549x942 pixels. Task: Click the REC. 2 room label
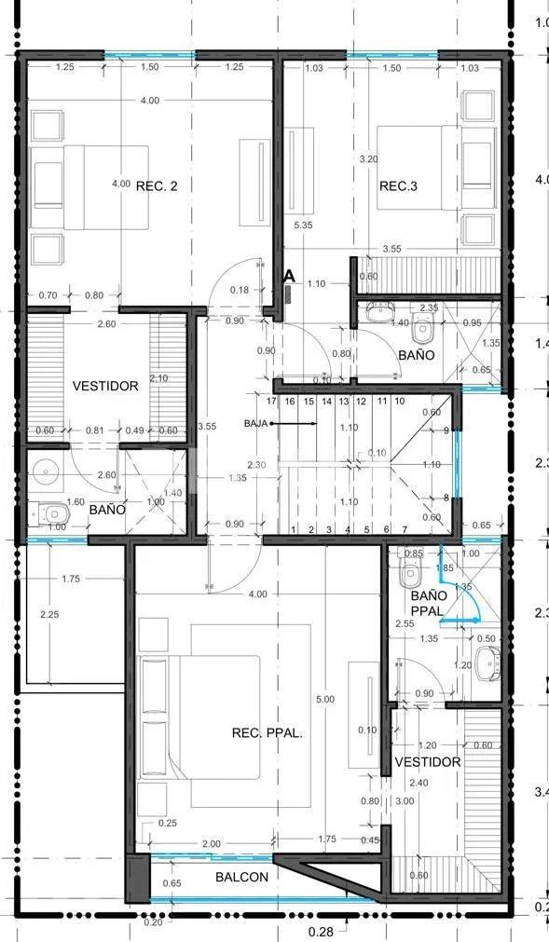tap(157, 185)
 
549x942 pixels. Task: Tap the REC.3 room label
tap(398, 186)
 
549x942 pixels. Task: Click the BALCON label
tap(242, 877)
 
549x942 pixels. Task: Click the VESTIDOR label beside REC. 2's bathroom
tap(105, 386)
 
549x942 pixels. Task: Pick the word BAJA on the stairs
tap(256, 423)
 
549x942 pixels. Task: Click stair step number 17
tap(272, 402)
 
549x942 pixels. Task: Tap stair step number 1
tap(294, 530)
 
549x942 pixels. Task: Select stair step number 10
tap(399, 402)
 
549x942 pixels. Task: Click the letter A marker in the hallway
tap(289, 277)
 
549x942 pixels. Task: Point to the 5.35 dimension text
tap(302, 225)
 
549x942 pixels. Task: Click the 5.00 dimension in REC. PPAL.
tap(323, 699)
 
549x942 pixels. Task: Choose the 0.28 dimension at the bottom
tap(321, 930)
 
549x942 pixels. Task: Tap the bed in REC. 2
tap(90, 186)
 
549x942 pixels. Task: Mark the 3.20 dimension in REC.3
tap(370, 159)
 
